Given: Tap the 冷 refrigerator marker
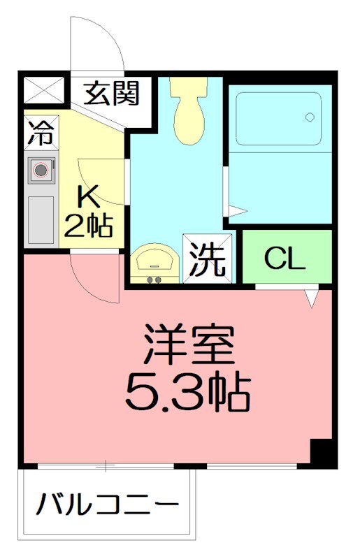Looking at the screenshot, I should (x=40, y=133).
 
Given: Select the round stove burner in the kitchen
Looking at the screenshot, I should (x=41, y=169).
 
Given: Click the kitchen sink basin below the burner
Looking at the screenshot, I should (x=41, y=219).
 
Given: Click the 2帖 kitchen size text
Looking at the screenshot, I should (x=89, y=225).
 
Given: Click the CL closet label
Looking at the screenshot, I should (x=285, y=259).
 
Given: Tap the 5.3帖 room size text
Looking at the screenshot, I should (x=187, y=393).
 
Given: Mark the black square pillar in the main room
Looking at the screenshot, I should (x=322, y=453).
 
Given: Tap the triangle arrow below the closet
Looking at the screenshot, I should (x=312, y=298).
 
